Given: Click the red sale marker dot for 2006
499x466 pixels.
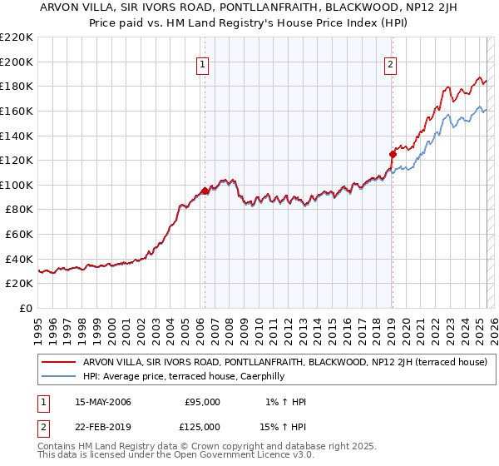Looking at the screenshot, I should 205,191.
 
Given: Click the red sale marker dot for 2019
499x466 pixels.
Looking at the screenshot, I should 392,153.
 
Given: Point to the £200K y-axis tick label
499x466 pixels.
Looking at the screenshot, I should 17,62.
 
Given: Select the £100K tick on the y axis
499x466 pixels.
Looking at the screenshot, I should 17,185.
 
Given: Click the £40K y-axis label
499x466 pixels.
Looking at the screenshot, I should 20,259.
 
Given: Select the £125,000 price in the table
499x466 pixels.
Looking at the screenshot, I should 202,427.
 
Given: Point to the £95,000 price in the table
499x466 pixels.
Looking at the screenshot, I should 202,402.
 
